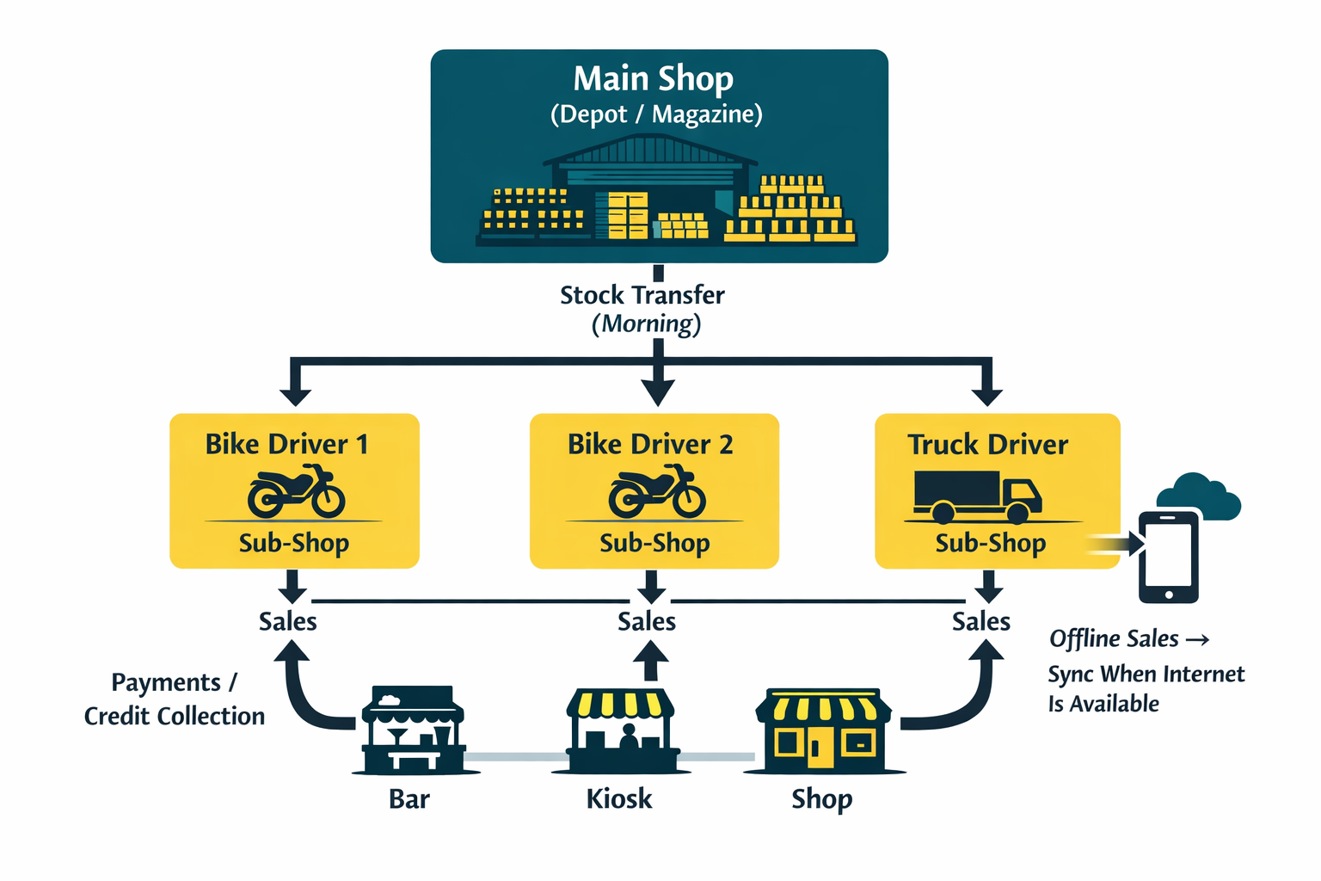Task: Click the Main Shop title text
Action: click(x=654, y=79)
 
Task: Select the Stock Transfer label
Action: click(x=642, y=296)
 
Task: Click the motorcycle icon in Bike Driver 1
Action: click(x=296, y=491)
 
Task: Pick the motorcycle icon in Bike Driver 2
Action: click(x=657, y=491)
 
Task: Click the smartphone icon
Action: click(x=1169, y=557)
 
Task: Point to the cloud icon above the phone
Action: click(x=1199, y=496)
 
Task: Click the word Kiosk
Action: click(x=619, y=799)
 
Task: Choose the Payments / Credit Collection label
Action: click(x=175, y=699)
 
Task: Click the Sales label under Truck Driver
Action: click(x=980, y=621)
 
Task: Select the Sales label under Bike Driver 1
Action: click(x=288, y=621)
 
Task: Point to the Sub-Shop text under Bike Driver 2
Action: click(x=654, y=544)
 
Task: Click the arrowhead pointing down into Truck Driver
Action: click(x=986, y=395)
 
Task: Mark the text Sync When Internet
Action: click(x=1146, y=674)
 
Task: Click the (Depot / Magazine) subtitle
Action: click(x=656, y=114)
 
